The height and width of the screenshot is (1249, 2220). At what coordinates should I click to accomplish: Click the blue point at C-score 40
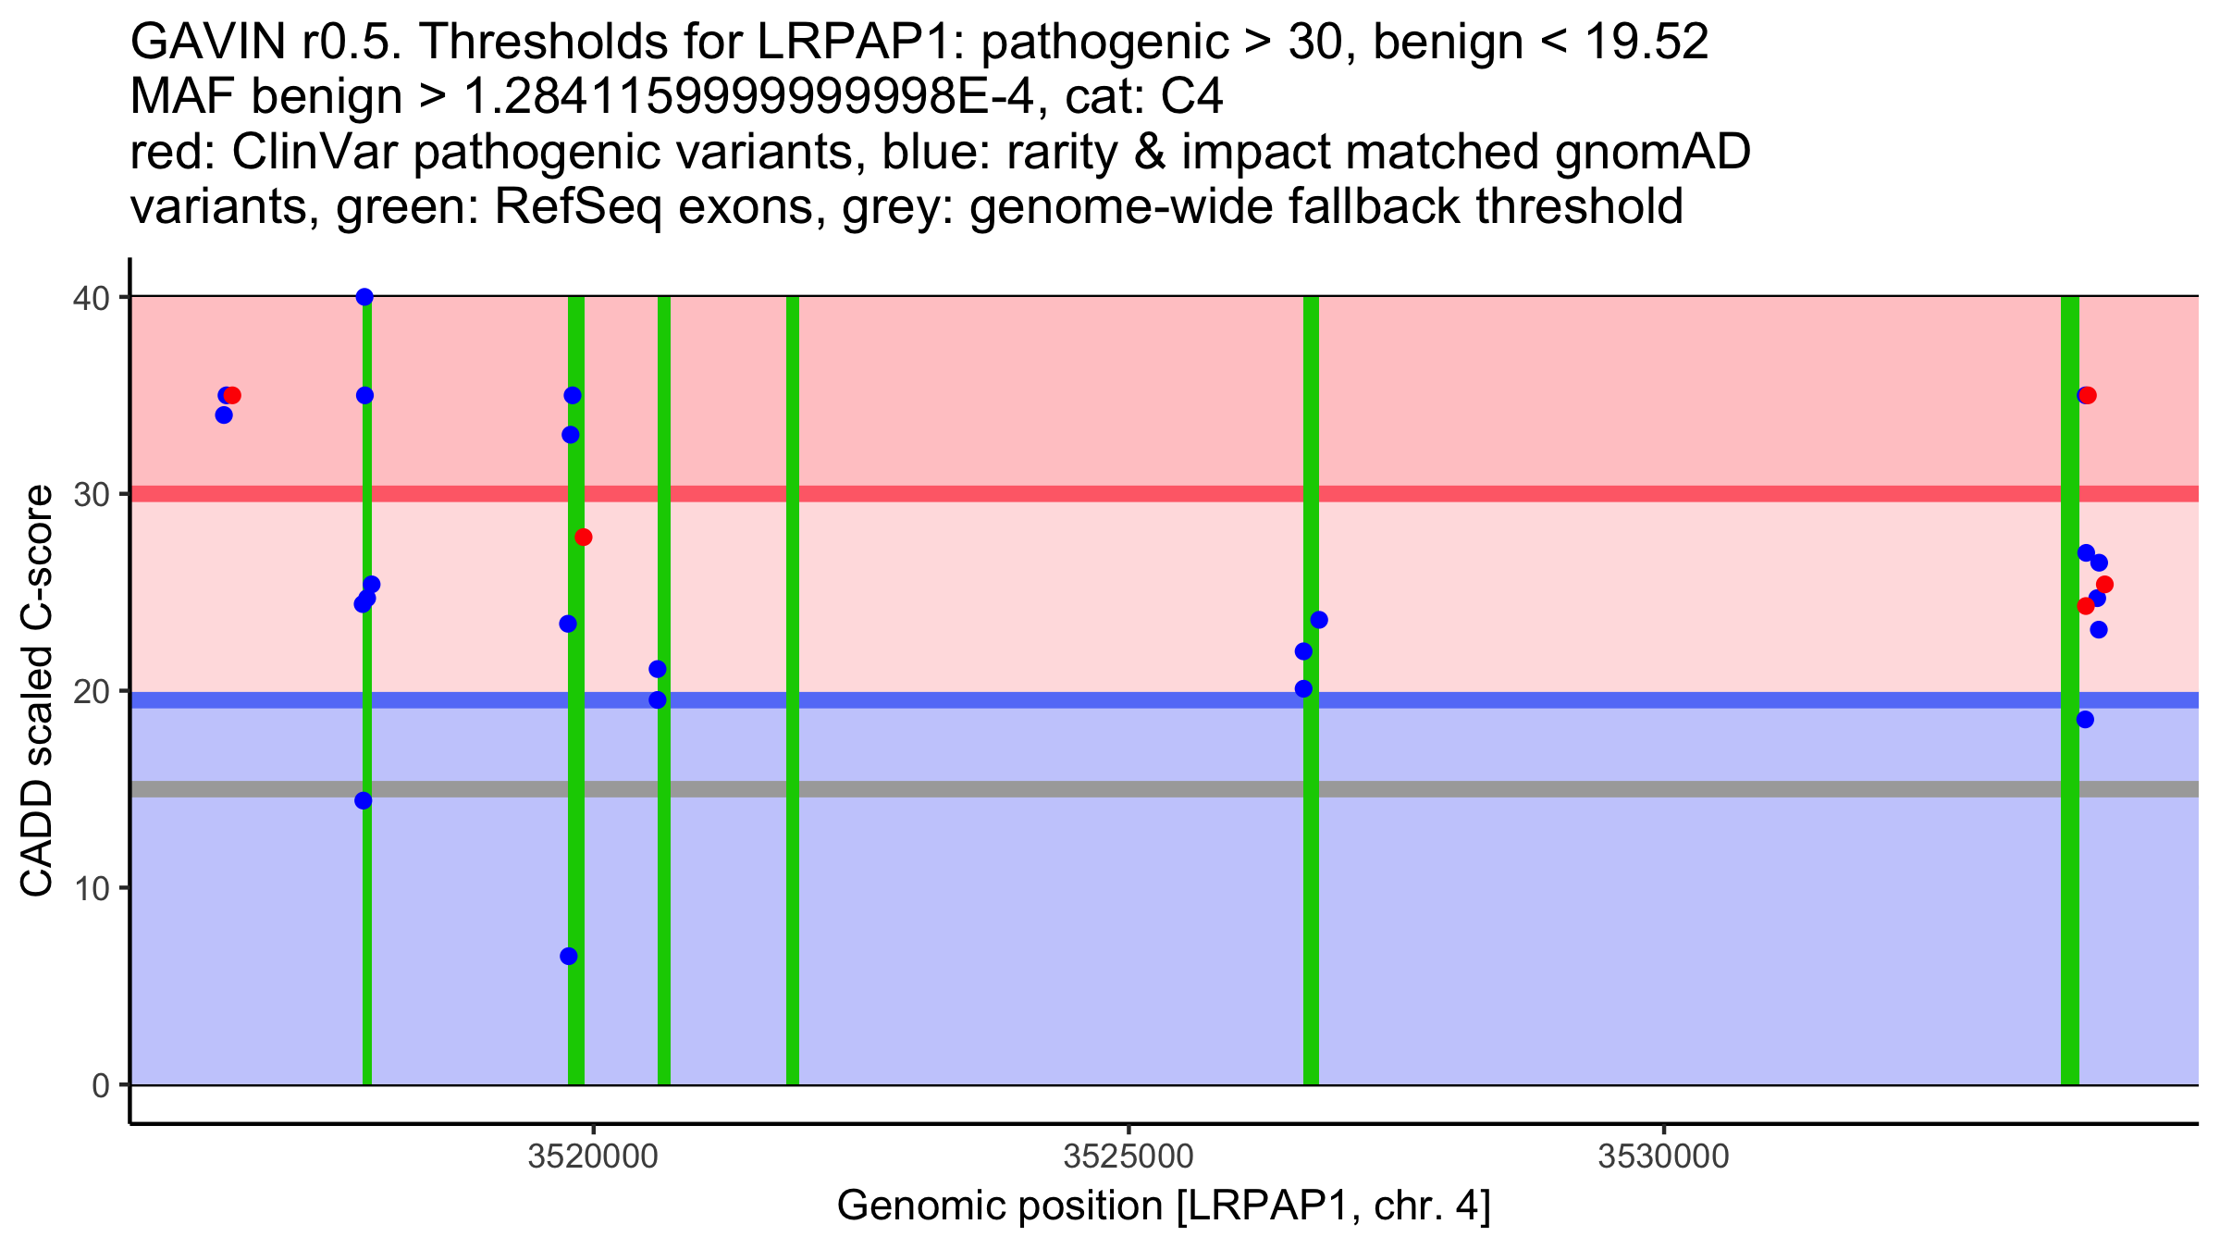pos(364,297)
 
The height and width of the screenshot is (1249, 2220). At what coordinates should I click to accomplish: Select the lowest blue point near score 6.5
pos(569,956)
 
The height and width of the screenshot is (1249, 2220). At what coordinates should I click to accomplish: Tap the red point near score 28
pos(583,538)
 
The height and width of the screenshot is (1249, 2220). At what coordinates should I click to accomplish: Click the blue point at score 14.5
pos(364,800)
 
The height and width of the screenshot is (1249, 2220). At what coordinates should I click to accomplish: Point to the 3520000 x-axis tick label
pos(593,1157)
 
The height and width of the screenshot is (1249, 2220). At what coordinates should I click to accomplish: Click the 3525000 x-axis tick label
pos(1128,1157)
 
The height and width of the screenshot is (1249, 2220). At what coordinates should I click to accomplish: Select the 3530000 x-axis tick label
pos(1663,1157)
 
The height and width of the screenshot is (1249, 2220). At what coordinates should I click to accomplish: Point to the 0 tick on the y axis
pos(100,1085)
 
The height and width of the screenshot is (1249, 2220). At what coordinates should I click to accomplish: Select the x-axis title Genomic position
pos(1164,1206)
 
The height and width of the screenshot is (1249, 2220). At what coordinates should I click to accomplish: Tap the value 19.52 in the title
pos(1645,42)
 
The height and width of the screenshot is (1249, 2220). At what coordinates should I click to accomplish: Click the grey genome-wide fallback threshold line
pos(1017,789)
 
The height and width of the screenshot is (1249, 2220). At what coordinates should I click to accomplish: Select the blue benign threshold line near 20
pos(1017,700)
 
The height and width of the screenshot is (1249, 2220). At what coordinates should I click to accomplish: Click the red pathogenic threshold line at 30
pos(1017,494)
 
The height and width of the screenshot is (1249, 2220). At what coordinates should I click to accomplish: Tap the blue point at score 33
pos(571,435)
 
